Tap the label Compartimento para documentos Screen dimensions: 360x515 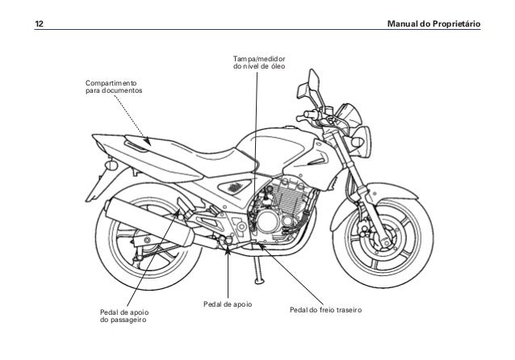tap(113, 87)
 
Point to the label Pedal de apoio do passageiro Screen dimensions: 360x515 tap(124, 315)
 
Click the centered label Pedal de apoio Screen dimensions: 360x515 tap(228, 305)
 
